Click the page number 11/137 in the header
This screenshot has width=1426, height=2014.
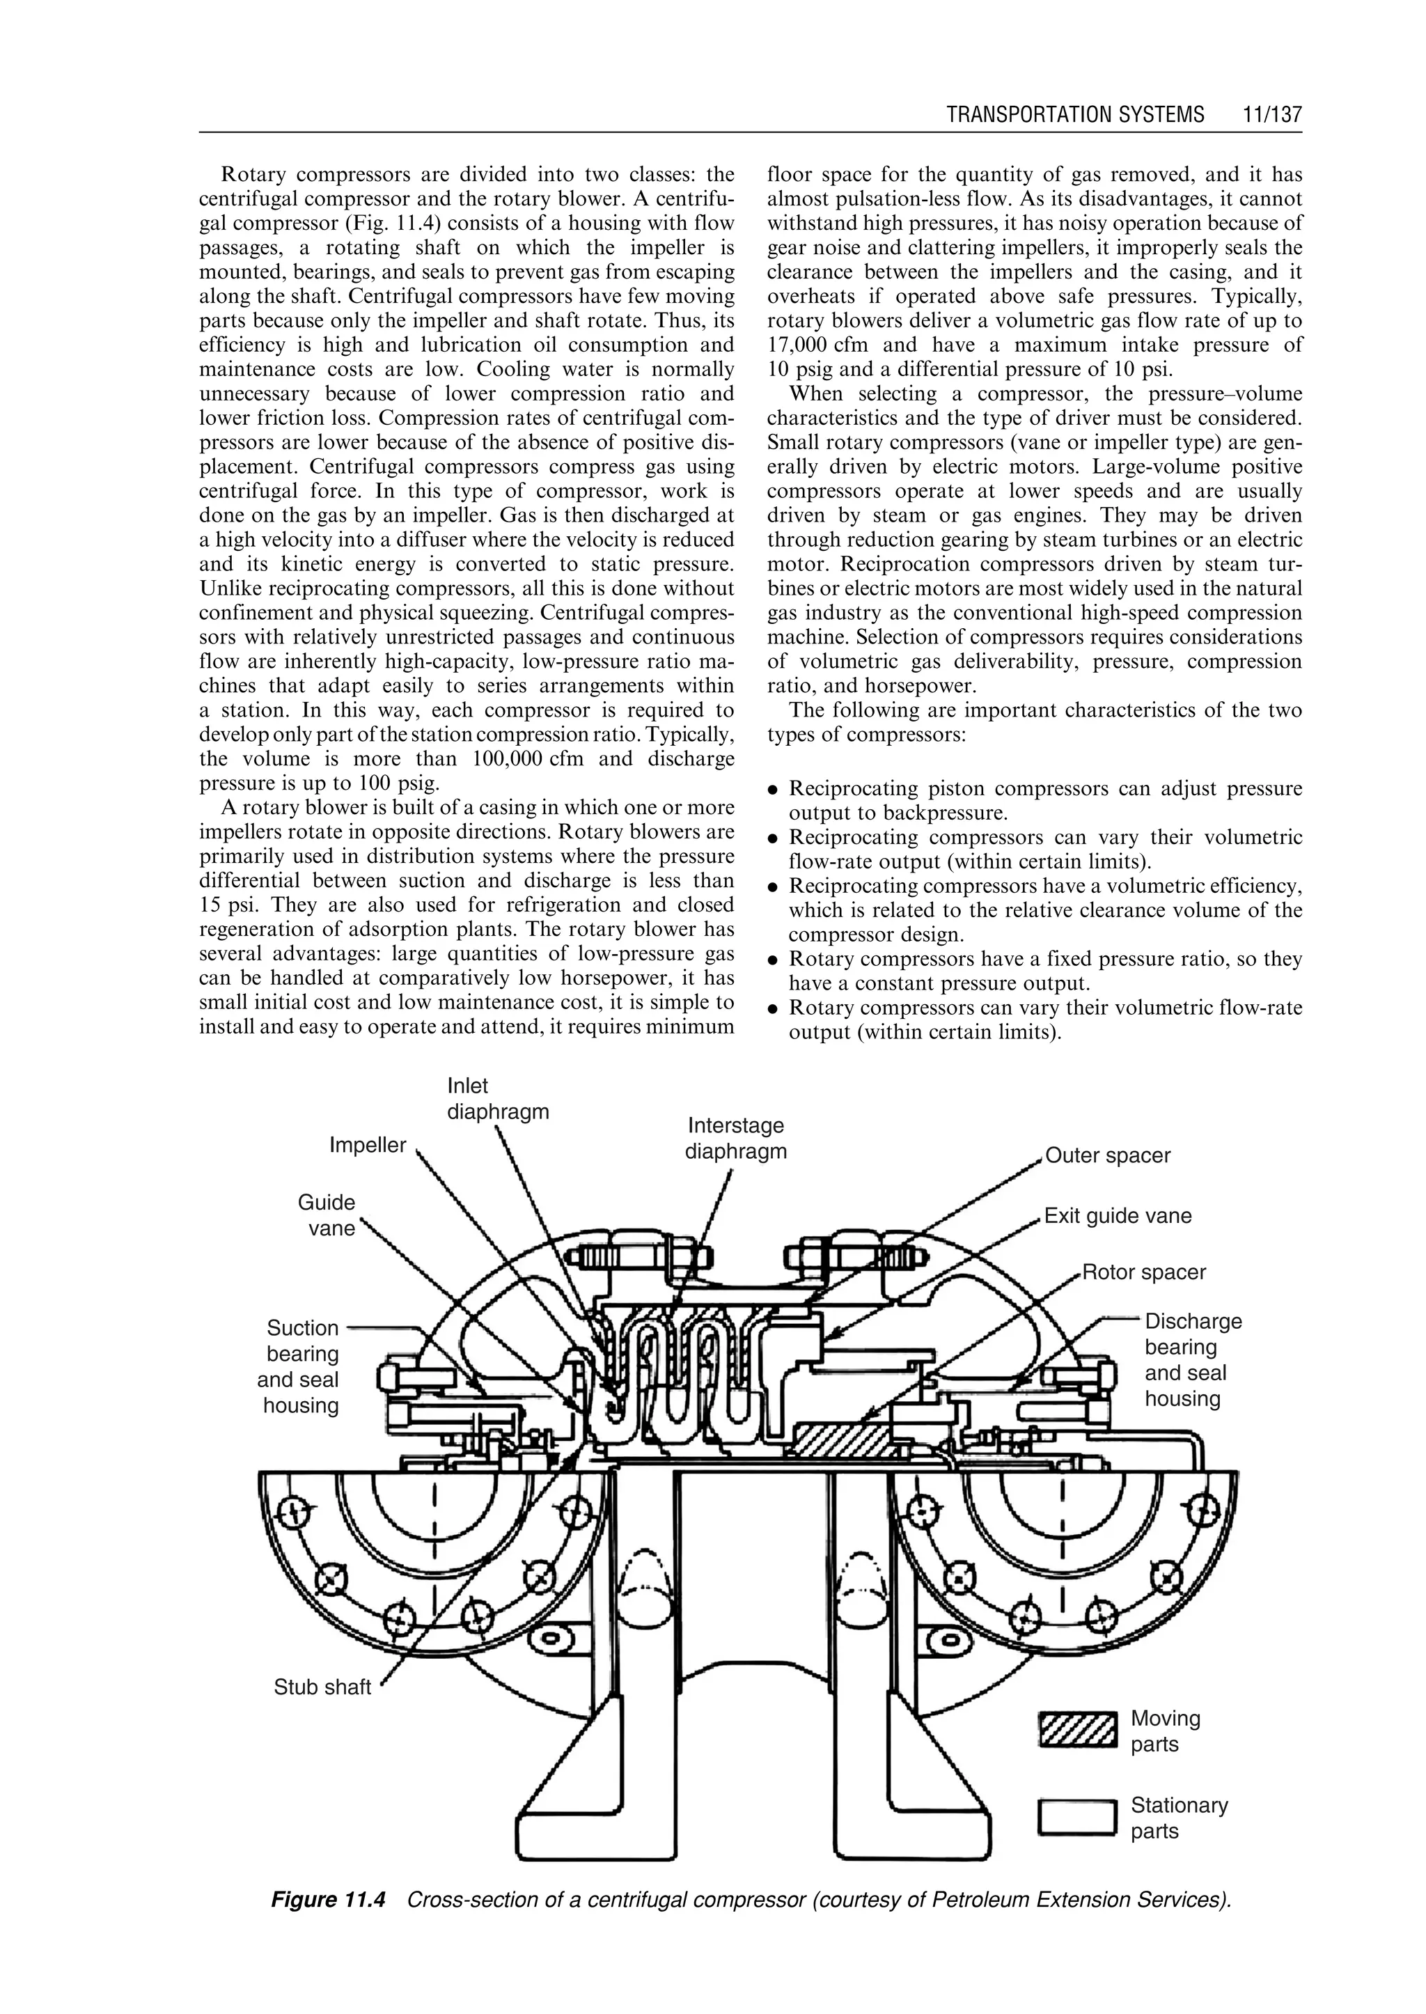pos(1271,115)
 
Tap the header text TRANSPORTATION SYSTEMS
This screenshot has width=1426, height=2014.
pos(1076,115)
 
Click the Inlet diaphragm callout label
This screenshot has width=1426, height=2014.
pos(497,1099)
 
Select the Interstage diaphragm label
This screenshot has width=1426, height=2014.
pos(736,1139)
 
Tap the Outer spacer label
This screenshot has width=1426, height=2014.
pos(1107,1156)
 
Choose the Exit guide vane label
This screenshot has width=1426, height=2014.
pos(1117,1217)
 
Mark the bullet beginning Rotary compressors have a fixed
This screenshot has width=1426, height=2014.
pos(1045,959)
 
